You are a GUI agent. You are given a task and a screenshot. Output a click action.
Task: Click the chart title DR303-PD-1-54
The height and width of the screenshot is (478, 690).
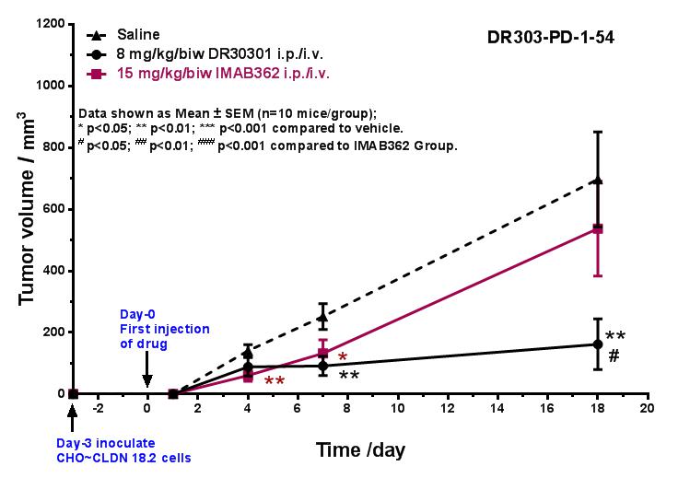(552, 39)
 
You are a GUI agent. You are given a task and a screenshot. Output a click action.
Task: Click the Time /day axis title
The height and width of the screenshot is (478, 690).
(360, 450)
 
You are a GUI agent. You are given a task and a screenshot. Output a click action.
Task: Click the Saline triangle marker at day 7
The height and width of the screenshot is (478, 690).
(322, 317)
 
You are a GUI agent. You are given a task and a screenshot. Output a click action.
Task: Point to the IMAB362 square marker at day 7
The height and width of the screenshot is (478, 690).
(322, 353)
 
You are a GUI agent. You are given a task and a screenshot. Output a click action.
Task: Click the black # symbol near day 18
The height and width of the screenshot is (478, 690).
(613, 355)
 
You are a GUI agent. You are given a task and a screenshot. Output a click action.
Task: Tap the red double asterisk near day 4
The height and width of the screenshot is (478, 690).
(274, 380)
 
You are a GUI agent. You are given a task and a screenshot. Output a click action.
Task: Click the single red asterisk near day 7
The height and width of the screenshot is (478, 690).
(342, 356)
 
